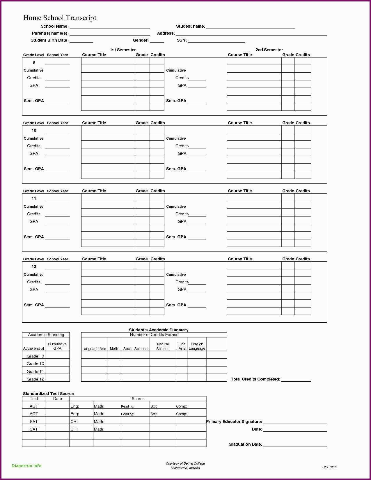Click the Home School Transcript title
pos(60,18)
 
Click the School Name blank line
pos(110,27)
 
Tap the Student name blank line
pos(250,27)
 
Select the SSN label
pos(182,40)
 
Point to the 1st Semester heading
pos(123,50)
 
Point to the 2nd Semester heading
pos(269,50)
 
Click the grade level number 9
pos(34,62)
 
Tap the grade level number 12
pos(34,266)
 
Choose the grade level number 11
pos(34,198)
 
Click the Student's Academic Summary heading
pos(159,330)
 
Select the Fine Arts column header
pos(182,346)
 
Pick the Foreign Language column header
pos(197,346)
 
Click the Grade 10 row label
pos(35,364)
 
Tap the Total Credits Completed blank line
pos(296,380)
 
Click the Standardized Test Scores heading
pos(48,394)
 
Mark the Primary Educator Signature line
pos(295,422)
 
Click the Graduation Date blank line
pos(295,445)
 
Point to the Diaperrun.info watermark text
pos(26,466)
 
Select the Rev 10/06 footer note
pos(330,467)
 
